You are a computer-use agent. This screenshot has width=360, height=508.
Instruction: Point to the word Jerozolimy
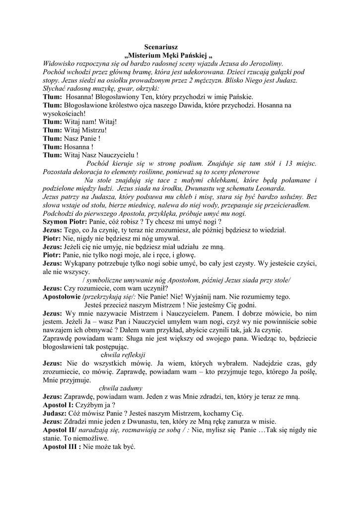pyautogui.click(x=264, y=63)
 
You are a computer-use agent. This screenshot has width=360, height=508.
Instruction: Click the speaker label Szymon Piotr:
pyautogui.click(x=62, y=222)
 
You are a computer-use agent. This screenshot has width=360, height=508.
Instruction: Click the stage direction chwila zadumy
pyautogui.click(x=121, y=388)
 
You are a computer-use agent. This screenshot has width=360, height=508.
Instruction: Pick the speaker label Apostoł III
pyautogui.click(x=62, y=446)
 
